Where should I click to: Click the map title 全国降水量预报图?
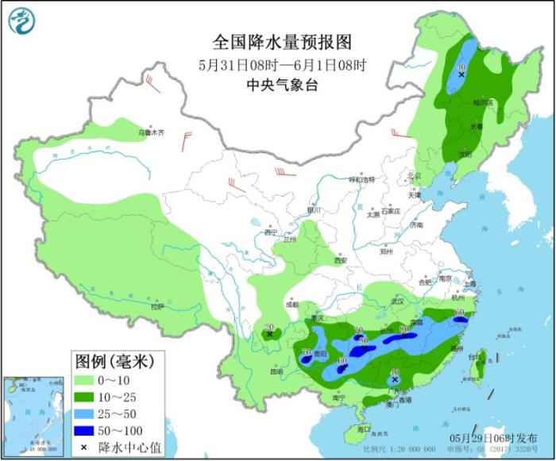coord(280,41)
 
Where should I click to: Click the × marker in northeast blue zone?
coord(462,74)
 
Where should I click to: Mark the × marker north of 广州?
coord(394,380)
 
